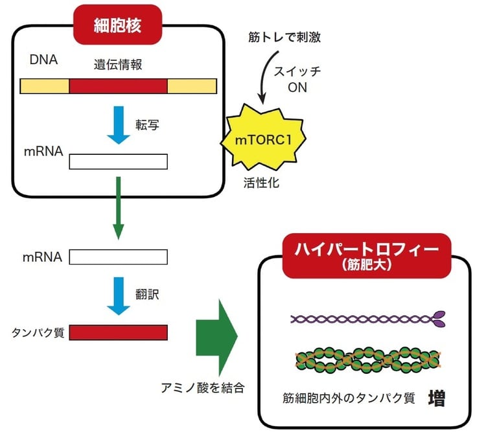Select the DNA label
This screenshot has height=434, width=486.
[43, 61]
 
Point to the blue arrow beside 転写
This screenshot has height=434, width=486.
[117, 125]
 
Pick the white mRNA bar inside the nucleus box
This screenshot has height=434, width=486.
[118, 161]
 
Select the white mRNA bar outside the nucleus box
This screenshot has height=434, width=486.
[118, 257]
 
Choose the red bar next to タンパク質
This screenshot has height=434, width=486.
[118, 332]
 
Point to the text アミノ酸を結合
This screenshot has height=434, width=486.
[202, 388]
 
